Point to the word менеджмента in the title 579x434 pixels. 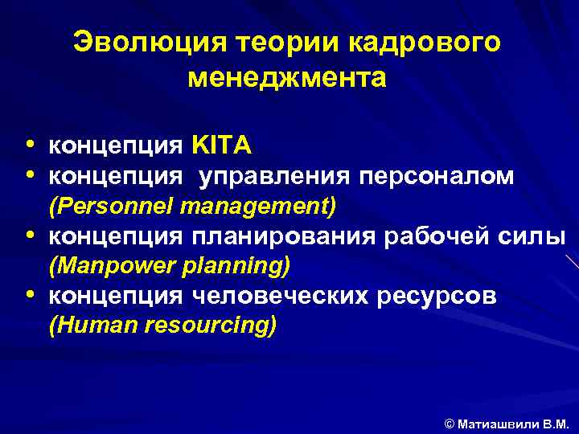(x=287, y=79)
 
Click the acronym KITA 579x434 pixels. (x=222, y=145)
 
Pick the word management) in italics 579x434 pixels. (x=259, y=206)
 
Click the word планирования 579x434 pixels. (x=281, y=236)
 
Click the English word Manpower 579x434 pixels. (x=107, y=265)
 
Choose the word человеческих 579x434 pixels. (x=281, y=296)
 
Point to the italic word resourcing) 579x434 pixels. (x=211, y=325)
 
